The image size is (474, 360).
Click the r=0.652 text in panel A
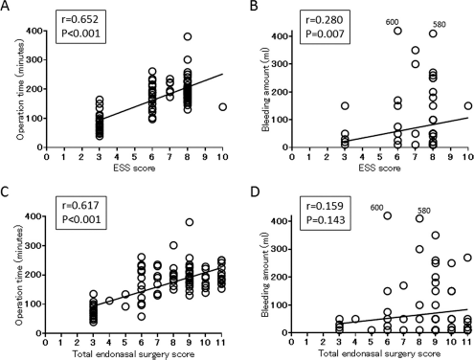point(79,19)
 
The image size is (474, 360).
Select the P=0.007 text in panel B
point(325,34)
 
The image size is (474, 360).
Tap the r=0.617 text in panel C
point(80,205)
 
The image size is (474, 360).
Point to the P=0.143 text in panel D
point(326,220)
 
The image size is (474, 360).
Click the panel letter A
point(5,6)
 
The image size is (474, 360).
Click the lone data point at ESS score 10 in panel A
point(222,107)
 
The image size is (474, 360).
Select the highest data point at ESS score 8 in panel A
point(188,36)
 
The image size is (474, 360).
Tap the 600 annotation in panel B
point(393,22)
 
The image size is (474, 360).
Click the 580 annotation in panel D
point(424,211)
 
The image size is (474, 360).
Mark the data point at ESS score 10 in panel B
point(468,106)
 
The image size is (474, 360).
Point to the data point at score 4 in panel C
point(109,301)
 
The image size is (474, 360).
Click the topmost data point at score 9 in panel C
point(190,222)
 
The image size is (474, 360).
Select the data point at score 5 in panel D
point(372,330)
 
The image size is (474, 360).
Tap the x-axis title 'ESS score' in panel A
point(134,168)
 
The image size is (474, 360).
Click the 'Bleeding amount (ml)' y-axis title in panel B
point(265,90)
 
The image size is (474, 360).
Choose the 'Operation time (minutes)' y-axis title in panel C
point(20,275)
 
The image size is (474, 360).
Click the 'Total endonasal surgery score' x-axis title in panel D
point(379,353)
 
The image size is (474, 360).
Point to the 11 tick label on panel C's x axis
point(221,343)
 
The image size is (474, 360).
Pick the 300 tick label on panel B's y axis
point(279,64)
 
